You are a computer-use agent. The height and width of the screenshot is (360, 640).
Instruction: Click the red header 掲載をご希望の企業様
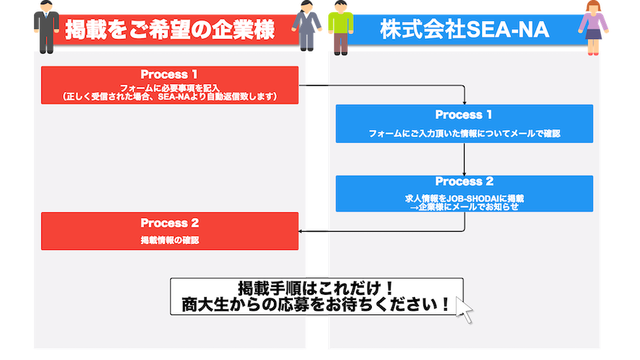click(170, 31)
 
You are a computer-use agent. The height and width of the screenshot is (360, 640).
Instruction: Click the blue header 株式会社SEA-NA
click(464, 31)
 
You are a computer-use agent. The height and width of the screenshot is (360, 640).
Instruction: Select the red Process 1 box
click(170, 85)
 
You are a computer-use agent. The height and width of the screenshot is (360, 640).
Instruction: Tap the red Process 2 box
click(170, 231)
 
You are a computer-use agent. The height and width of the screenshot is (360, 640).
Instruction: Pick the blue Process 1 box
click(464, 123)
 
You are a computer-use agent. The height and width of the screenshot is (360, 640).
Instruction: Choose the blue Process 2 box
click(464, 193)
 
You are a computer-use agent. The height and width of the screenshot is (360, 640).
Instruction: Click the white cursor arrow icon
click(463, 310)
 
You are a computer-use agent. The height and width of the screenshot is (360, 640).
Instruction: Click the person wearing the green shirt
click(338, 28)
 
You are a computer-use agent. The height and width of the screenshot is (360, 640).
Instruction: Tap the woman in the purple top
click(594, 28)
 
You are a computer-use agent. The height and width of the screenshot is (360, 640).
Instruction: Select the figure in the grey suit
click(307, 28)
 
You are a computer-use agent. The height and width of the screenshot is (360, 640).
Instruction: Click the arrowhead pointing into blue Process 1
click(464, 102)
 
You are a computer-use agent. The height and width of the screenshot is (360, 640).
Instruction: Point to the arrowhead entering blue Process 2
click(464, 172)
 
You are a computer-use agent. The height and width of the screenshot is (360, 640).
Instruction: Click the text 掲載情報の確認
click(170, 240)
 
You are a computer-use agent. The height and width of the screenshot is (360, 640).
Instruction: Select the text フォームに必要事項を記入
click(170, 88)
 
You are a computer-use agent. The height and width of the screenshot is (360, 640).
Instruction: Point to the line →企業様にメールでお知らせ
click(464, 206)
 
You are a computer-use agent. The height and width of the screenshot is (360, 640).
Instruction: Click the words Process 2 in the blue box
click(464, 182)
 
